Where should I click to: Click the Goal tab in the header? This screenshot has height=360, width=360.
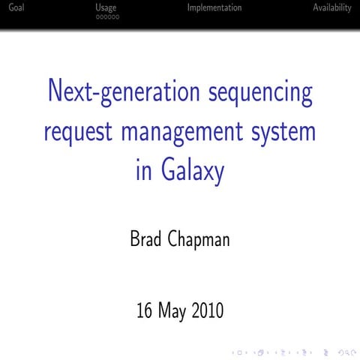12,7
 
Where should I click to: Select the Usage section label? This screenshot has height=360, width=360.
106,7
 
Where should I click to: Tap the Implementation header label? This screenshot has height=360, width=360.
214,7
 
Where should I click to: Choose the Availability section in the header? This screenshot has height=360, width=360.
331,7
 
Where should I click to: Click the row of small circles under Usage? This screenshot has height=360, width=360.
107,16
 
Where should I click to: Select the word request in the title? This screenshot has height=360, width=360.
79,132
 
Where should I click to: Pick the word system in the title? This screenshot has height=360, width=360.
284,132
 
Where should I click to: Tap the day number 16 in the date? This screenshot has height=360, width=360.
145,310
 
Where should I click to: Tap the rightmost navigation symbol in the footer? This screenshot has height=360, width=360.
349,350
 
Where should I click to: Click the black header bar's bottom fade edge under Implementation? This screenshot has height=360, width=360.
214,28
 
